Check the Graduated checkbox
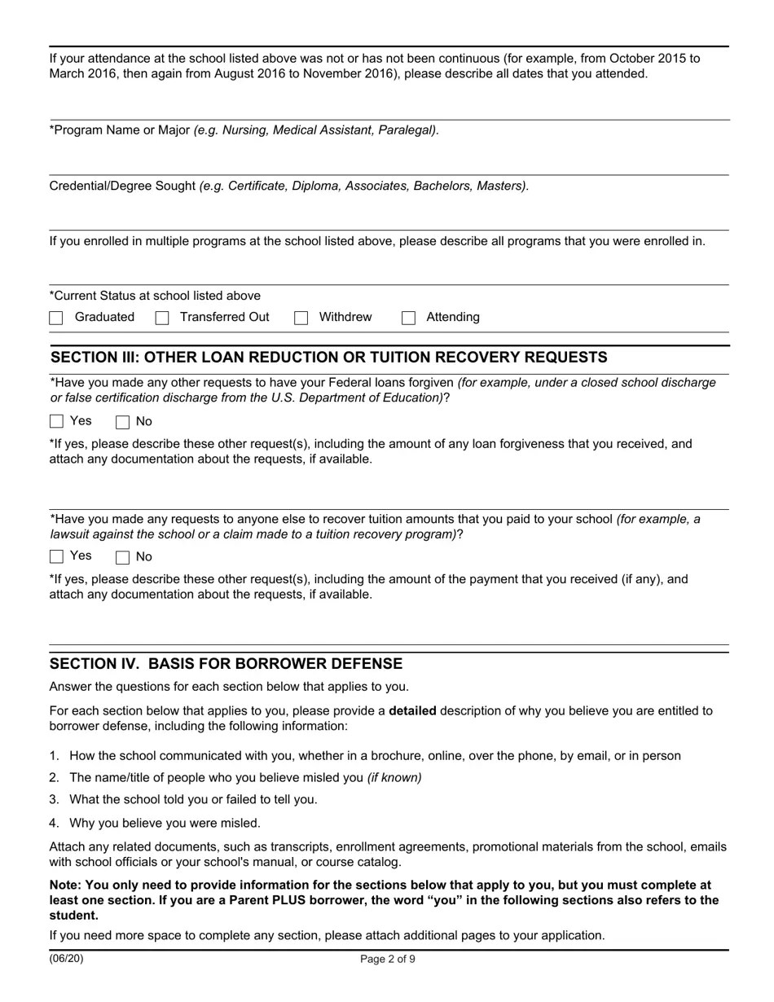[x=56, y=318]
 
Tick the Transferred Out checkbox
[x=162, y=318]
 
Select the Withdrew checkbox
[x=301, y=318]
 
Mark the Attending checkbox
[x=409, y=318]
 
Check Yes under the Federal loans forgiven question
[x=56, y=421]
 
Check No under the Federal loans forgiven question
[x=123, y=422]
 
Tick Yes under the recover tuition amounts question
[x=56, y=556]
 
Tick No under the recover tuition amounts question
[x=123, y=557]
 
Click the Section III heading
[x=328, y=358]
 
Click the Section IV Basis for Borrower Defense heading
[x=226, y=664]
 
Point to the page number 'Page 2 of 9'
[x=388, y=960]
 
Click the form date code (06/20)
[x=66, y=959]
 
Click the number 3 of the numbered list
[x=54, y=800]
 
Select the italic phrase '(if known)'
[x=394, y=778]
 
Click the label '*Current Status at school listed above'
[x=155, y=296]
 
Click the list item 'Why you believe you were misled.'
[x=165, y=824]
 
